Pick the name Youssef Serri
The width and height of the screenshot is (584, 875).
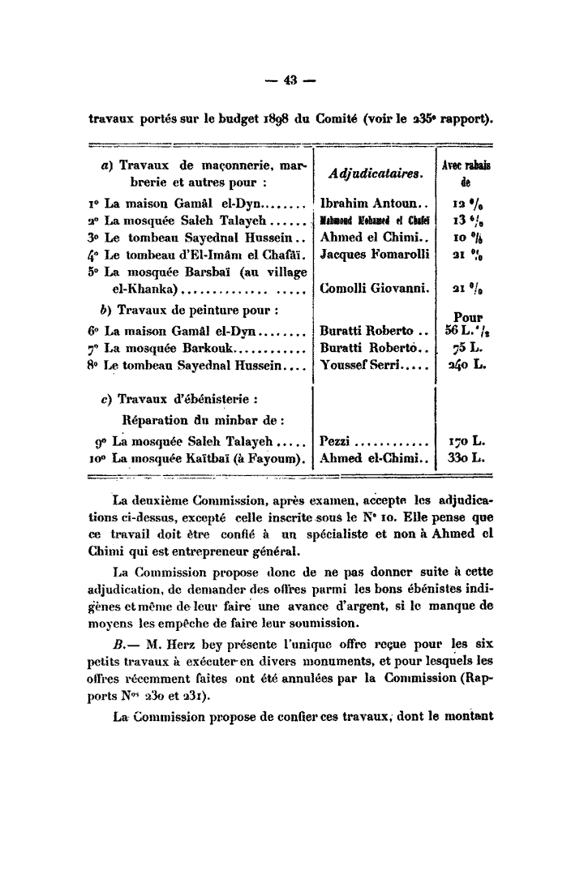click(370, 366)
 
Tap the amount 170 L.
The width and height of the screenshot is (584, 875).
click(466, 441)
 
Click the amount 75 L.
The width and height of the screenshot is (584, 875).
click(470, 349)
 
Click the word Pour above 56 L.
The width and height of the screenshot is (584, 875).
click(468, 318)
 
